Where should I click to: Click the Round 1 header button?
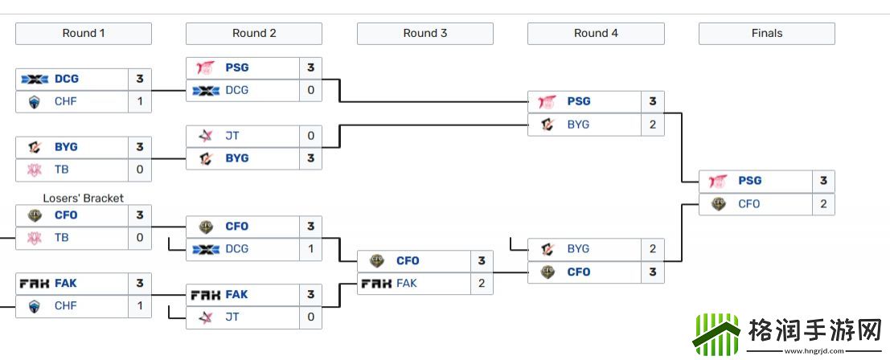[x=84, y=34]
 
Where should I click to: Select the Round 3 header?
[x=425, y=34]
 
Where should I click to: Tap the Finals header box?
[x=766, y=34]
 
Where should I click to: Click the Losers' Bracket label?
[x=84, y=198]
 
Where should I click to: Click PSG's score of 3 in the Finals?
[x=823, y=182]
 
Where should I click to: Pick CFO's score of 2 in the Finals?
[x=823, y=204]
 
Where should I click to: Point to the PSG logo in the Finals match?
[x=718, y=182]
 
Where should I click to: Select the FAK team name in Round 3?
[x=407, y=284]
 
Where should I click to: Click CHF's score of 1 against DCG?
[x=139, y=102]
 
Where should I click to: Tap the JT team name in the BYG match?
[x=232, y=136]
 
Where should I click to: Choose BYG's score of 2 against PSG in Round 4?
[x=652, y=125]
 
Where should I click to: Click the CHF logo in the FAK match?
[x=35, y=306]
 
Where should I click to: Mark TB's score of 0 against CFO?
[x=139, y=238]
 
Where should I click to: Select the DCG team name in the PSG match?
[x=237, y=91]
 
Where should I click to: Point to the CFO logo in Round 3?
[x=376, y=261]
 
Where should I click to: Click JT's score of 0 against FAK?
[x=310, y=317]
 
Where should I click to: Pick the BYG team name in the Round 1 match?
[x=67, y=147]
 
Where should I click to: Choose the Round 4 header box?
[x=596, y=34]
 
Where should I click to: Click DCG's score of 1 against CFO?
[x=310, y=249]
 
